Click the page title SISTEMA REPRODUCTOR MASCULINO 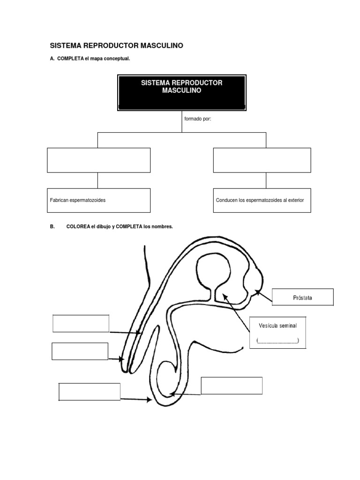[x=116, y=45]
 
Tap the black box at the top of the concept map [x=182, y=92]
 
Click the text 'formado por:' [x=198, y=119]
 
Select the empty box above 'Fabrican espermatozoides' [x=98, y=160]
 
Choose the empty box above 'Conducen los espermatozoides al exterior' [x=262, y=160]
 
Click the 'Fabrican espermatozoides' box [x=98, y=200]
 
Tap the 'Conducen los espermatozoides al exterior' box [x=262, y=200]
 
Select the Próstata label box [x=303, y=297]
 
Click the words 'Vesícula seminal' [x=277, y=325]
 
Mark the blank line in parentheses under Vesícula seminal [x=277, y=341]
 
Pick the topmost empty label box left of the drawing [x=81, y=323]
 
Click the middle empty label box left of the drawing [x=80, y=351]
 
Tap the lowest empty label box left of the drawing [x=90, y=392]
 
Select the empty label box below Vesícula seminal [x=232, y=385]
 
